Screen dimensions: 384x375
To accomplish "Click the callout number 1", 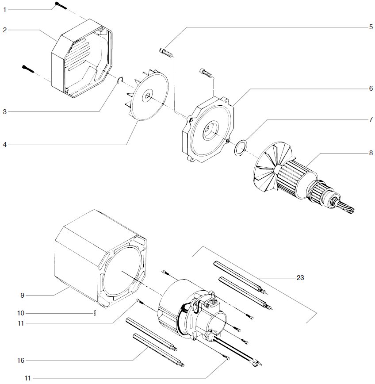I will (x=4, y=9).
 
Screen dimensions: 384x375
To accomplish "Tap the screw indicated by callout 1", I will (x=61, y=5).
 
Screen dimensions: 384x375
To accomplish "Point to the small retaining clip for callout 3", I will (x=120, y=80).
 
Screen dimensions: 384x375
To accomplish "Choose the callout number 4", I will (x=4, y=144).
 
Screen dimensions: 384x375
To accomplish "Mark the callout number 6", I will (x=371, y=88).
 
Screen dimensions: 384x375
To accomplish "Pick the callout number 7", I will (x=371, y=120).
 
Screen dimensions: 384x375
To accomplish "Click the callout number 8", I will (x=371, y=153).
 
